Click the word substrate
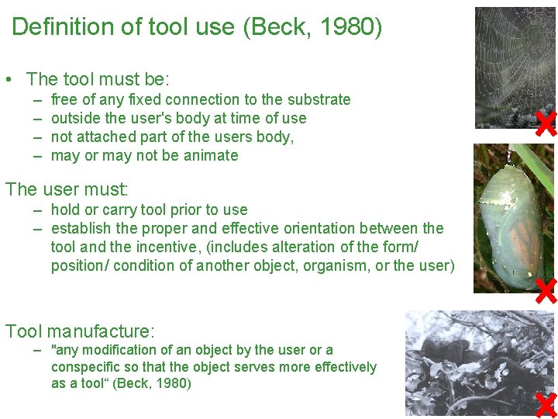319,99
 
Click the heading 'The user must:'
67,189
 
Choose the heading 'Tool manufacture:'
80,331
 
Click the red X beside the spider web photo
546,123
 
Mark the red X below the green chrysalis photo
546,290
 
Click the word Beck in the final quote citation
134,383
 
